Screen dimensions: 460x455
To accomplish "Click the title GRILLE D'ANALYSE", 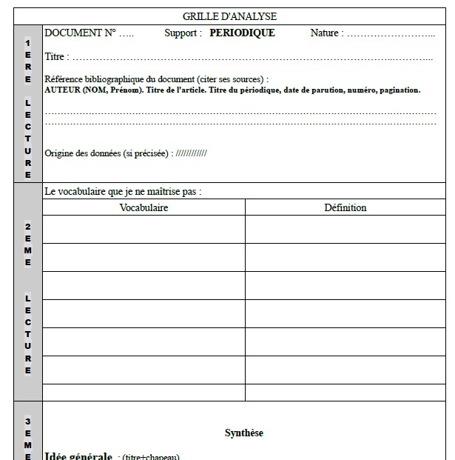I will click(229, 16).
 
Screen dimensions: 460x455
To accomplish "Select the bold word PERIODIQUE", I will click(242, 33).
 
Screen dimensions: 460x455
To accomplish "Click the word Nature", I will click(324, 33).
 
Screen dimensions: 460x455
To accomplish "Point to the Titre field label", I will click(55, 57).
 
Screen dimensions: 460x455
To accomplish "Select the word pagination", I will click(398, 90).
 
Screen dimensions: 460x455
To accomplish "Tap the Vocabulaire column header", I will click(144, 207).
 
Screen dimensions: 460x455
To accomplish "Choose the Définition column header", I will click(345, 207).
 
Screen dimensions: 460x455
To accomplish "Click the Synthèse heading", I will click(244, 433).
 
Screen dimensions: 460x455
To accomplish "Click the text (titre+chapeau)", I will click(151, 457).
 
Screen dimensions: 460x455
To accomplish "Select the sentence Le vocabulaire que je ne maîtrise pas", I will click(123, 191).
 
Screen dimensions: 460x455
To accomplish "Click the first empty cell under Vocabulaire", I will click(144, 229).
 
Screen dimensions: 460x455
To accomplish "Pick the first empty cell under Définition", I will click(345, 229).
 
